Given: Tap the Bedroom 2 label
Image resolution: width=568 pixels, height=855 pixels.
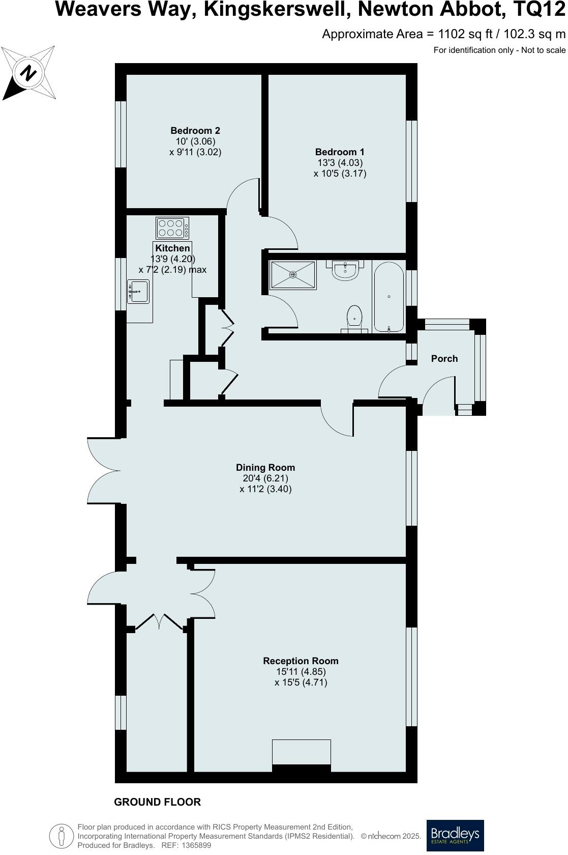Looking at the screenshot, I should [x=195, y=131].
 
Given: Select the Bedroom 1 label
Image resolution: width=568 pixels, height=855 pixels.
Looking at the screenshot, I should [x=340, y=152].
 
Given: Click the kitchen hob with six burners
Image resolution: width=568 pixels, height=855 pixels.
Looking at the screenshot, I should [x=172, y=228].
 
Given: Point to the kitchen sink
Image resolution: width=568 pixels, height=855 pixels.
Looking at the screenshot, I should [x=138, y=292].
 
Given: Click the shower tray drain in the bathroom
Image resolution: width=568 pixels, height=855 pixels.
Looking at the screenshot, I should [x=293, y=275].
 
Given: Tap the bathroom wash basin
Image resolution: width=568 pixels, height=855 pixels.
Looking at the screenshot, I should [x=346, y=270].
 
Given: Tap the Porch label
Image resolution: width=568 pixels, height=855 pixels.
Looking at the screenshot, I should [x=444, y=359].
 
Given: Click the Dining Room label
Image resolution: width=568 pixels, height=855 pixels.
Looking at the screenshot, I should [x=265, y=467].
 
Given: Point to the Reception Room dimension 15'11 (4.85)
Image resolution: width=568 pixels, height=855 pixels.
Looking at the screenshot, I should [x=301, y=672].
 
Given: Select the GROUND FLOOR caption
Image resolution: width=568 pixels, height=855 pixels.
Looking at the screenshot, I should [x=158, y=802].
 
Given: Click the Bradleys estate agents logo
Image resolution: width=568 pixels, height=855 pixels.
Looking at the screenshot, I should [x=455, y=835].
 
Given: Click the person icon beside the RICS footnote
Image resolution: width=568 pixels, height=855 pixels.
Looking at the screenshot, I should [x=61, y=836].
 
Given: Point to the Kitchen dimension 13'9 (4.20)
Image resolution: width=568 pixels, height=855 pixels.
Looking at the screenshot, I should [x=173, y=259].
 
